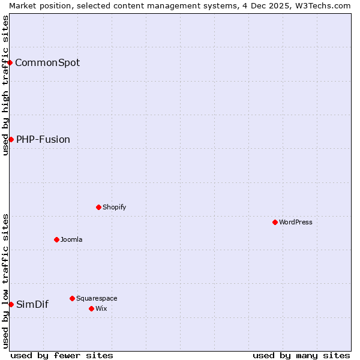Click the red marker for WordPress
pos(275,222)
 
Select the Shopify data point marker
pos(98,207)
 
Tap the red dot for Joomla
pos(56,239)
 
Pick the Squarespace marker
pos(72,298)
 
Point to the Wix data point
pos(91,308)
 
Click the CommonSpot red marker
pos(10,62)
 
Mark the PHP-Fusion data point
pos(11,139)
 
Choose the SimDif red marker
pos(11,304)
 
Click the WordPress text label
pos(296,222)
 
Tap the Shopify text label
pos(115,207)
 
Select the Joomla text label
pos(71,239)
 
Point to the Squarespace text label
pos(97,298)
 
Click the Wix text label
pos(101,308)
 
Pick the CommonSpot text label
pos(47,62)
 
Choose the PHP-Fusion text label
pos(43,139)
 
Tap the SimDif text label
pos(32,304)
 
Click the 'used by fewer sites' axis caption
pos(62,355)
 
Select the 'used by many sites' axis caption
pos(301,355)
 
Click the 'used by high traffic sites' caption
pos(5,85)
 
